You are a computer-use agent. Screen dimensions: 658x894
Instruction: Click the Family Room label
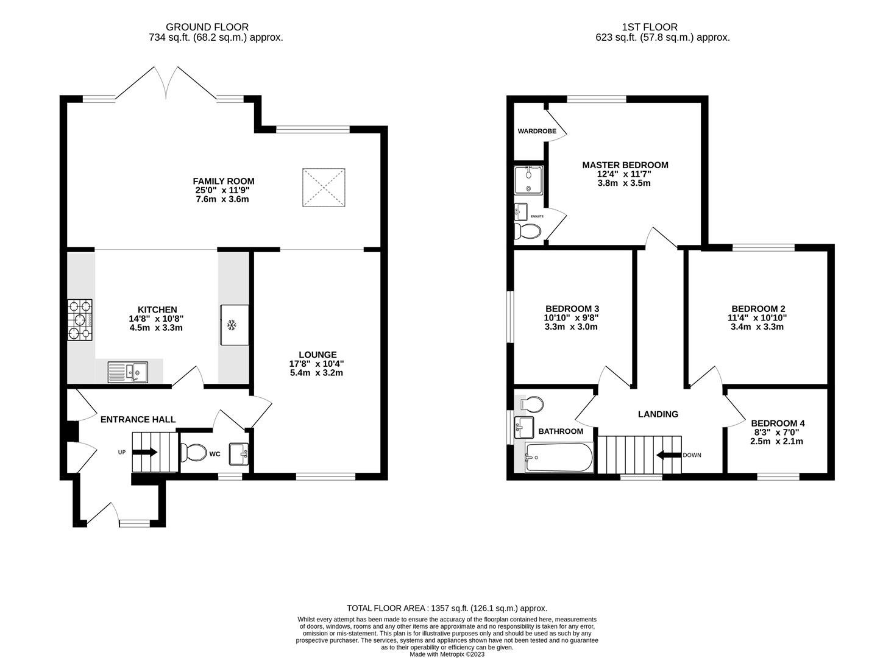tap(223, 181)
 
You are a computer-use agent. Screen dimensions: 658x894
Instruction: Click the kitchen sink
tap(127, 371)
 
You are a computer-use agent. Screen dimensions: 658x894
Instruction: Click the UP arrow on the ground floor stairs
tap(144, 452)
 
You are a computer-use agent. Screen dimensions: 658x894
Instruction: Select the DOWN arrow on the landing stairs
tap(668, 455)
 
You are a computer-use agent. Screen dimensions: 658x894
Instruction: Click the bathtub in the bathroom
tap(558, 458)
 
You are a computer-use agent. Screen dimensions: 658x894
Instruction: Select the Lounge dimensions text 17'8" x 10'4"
tap(317, 364)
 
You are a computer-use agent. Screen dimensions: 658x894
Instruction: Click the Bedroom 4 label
tap(777, 423)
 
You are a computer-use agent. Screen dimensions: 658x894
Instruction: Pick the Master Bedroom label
tap(625, 165)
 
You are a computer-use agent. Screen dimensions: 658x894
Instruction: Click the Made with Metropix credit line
tap(447, 654)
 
